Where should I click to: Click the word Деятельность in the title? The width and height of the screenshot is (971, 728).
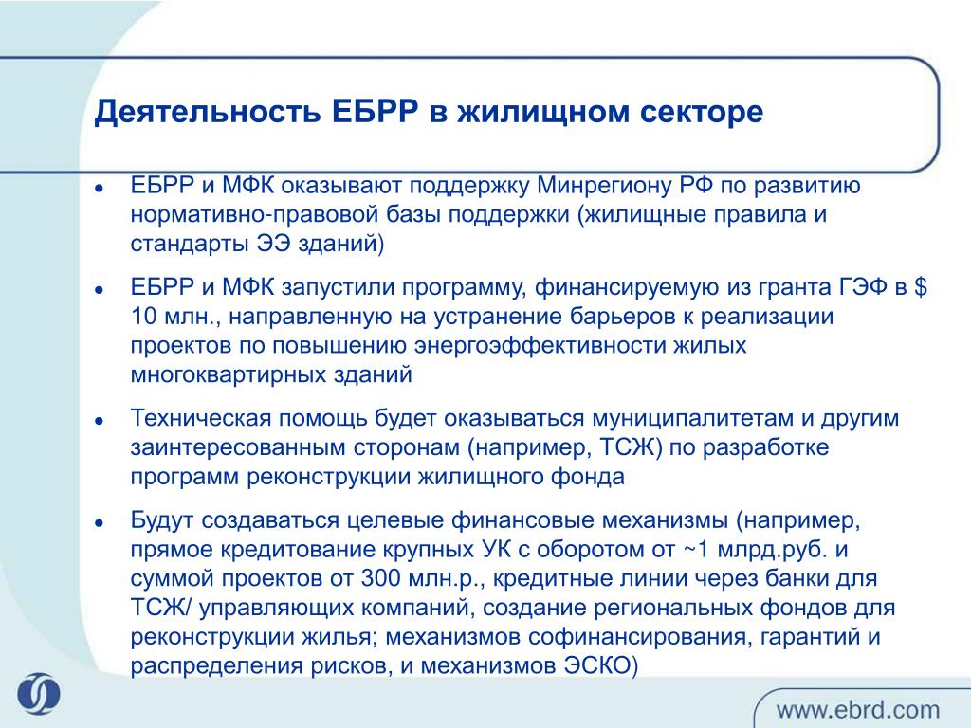[208, 112]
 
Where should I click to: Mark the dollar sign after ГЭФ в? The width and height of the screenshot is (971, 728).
[920, 287]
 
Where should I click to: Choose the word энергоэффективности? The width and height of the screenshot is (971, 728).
[540, 345]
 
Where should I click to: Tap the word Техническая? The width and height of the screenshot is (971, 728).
[201, 418]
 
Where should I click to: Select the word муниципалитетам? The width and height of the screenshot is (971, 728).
[692, 419]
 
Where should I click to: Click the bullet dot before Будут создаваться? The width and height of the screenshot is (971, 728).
[99, 523]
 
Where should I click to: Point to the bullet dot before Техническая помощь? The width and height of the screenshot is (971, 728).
[99, 421]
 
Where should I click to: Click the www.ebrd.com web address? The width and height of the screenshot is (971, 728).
[857, 710]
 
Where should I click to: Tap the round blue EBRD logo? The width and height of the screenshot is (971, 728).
[38, 693]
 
